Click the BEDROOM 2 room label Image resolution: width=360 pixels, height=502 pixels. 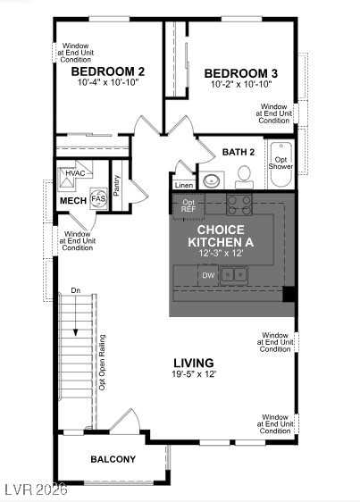pos(107,71)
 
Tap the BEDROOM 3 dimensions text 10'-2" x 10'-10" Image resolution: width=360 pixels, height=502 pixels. pos(241,84)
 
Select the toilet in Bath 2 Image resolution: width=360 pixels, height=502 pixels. pos(244,177)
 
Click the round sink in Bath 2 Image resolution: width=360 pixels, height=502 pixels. pos(212,180)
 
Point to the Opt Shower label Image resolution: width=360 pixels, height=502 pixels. pos(280,163)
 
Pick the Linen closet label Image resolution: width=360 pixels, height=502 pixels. pos(184,185)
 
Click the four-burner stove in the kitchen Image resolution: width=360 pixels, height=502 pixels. pos(239,205)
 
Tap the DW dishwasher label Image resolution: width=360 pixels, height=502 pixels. pos(208,275)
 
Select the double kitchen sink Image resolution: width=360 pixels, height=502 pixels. pos(234,274)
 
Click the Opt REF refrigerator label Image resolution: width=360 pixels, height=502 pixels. pos(188,205)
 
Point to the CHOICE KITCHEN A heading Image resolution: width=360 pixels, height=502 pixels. pos(221,236)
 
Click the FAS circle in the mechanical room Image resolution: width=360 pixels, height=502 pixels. pos(98,198)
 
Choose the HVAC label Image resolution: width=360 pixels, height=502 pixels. pos(75,173)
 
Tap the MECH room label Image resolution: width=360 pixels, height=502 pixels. pos(73,201)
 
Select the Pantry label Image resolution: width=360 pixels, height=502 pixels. pos(116,186)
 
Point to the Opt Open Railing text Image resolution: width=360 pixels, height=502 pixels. pos(102,363)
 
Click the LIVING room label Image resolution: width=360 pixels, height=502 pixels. pos(194,363)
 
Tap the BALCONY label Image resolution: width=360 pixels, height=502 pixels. pos(113,459)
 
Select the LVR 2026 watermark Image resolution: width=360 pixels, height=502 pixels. pos(34,489)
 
